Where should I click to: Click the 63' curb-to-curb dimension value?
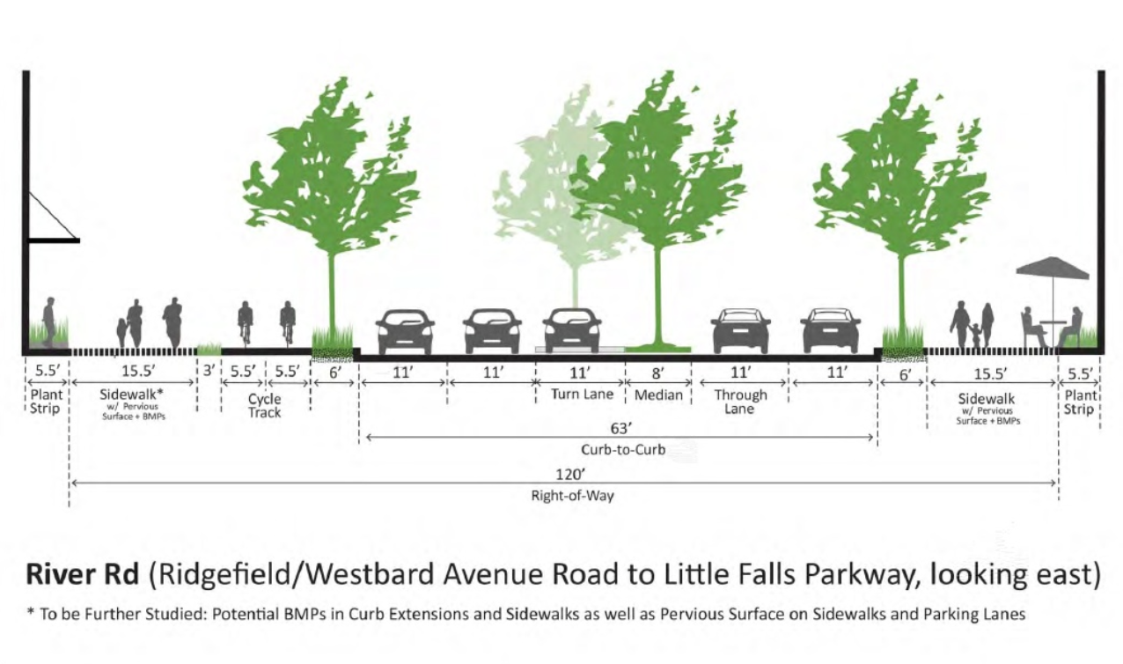click(x=620, y=429)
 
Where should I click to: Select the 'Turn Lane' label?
click(x=582, y=395)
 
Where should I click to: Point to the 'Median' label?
click(x=658, y=395)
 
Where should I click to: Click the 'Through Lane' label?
click(x=740, y=402)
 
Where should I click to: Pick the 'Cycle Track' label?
click(x=264, y=406)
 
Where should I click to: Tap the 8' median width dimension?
click(x=658, y=373)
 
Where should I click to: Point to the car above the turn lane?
click(x=572, y=331)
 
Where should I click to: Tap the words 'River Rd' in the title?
click(x=82, y=574)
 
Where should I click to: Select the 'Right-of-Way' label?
click(x=572, y=496)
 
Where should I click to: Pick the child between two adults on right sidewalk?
click(x=974, y=335)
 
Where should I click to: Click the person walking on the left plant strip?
click(x=49, y=321)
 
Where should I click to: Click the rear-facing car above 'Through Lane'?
click(x=740, y=331)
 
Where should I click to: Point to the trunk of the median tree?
click(x=657, y=295)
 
